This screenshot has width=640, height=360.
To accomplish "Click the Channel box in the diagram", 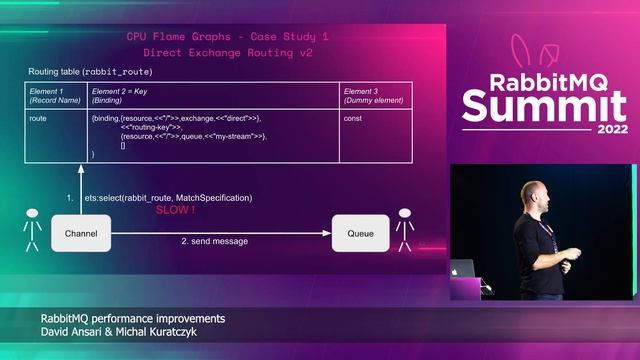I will click(80, 232).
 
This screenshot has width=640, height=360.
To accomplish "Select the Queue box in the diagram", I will click(360, 232).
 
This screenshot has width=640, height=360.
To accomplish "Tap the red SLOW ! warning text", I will click(174, 211).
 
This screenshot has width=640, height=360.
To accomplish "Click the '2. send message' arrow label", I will click(214, 241).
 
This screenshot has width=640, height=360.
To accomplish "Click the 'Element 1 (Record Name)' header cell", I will click(56, 96).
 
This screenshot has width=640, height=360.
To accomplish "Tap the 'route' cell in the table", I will click(39, 119).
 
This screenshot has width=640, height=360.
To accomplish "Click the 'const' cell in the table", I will click(353, 119).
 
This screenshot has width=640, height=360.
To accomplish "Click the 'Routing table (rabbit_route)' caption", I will click(90, 72).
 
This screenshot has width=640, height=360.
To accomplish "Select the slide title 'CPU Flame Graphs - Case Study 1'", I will click(227, 36).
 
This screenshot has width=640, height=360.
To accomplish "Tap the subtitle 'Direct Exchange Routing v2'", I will click(227, 51).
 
